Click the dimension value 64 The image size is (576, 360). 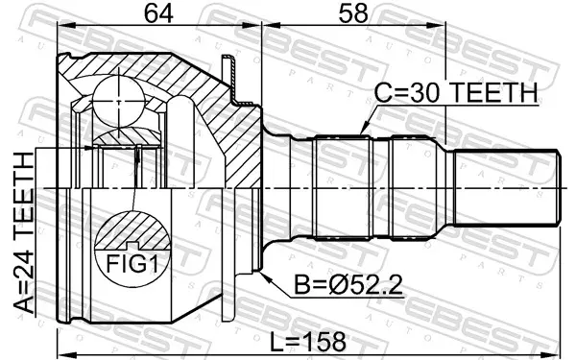(158, 14)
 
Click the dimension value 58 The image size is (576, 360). (353, 14)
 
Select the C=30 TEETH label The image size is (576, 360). (456, 92)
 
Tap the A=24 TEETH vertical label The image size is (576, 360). (24, 233)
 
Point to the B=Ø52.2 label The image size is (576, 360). (348, 285)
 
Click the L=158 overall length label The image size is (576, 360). (308, 341)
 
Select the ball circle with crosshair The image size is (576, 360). (119, 102)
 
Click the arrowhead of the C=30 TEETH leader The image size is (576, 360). (364, 131)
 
